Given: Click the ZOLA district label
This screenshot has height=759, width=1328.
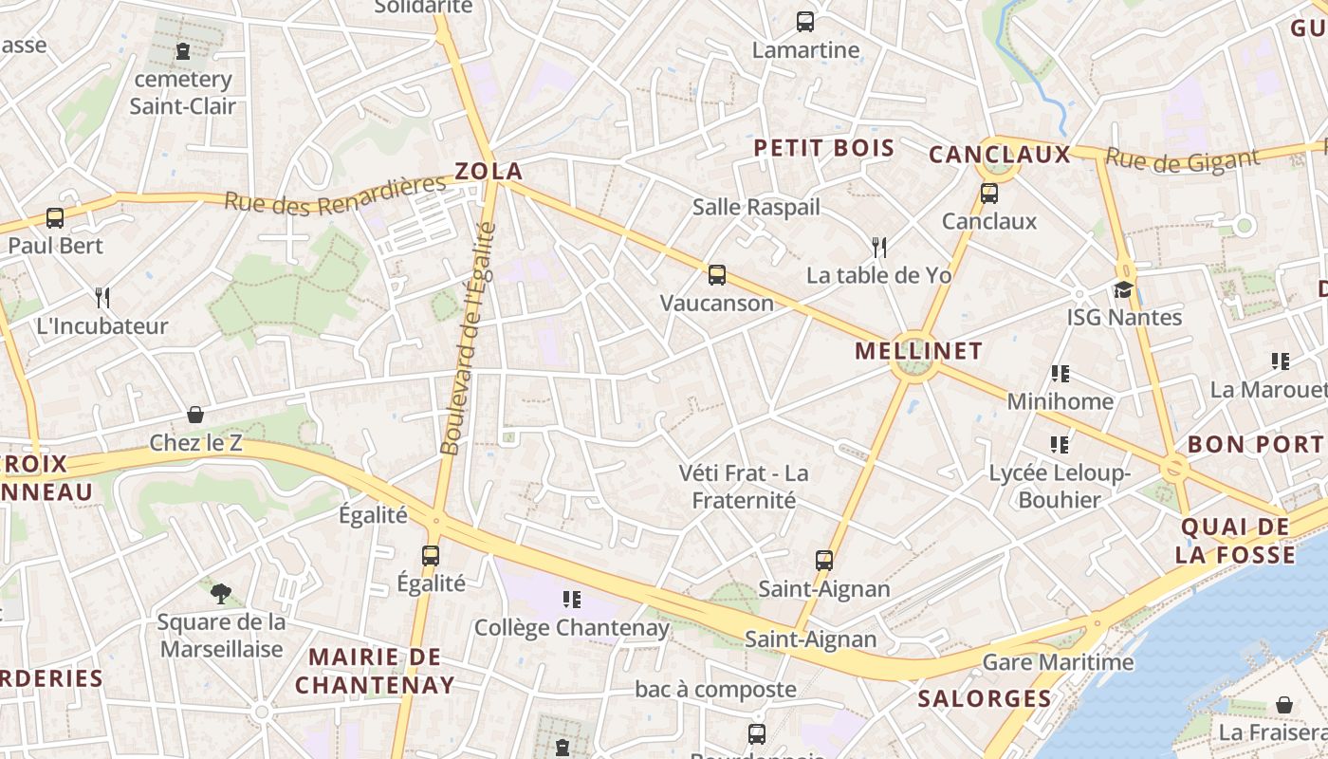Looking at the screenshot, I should [x=489, y=172].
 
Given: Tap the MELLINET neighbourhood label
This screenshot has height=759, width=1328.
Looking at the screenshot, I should [x=918, y=351].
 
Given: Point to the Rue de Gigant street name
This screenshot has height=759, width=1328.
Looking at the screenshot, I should [x=1182, y=159].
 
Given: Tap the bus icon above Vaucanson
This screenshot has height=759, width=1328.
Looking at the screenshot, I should [x=717, y=275].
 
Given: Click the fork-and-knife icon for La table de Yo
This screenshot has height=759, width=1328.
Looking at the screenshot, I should [x=879, y=248].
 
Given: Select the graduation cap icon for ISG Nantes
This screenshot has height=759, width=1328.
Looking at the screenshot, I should [x=1124, y=289].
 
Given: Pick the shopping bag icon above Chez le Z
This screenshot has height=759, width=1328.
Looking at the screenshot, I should [x=195, y=415].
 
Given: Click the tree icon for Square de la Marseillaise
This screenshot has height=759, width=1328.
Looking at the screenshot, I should [x=221, y=594].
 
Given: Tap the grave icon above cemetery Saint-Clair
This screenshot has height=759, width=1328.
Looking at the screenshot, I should [x=183, y=51].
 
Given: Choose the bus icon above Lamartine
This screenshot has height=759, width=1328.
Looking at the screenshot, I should [x=805, y=21].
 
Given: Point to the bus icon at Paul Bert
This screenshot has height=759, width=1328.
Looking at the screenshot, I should [x=55, y=218].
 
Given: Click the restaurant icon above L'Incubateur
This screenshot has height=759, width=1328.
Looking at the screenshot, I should [x=102, y=298].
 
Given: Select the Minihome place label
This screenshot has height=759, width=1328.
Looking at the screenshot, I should [x=1060, y=401].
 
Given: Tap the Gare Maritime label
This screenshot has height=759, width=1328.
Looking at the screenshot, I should [x=1058, y=662].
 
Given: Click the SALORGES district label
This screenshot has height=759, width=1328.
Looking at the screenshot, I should [x=985, y=699].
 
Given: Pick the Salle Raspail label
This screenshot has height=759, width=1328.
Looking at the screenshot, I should [x=756, y=207].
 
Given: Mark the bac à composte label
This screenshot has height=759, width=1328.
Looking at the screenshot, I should [x=715, y=690].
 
